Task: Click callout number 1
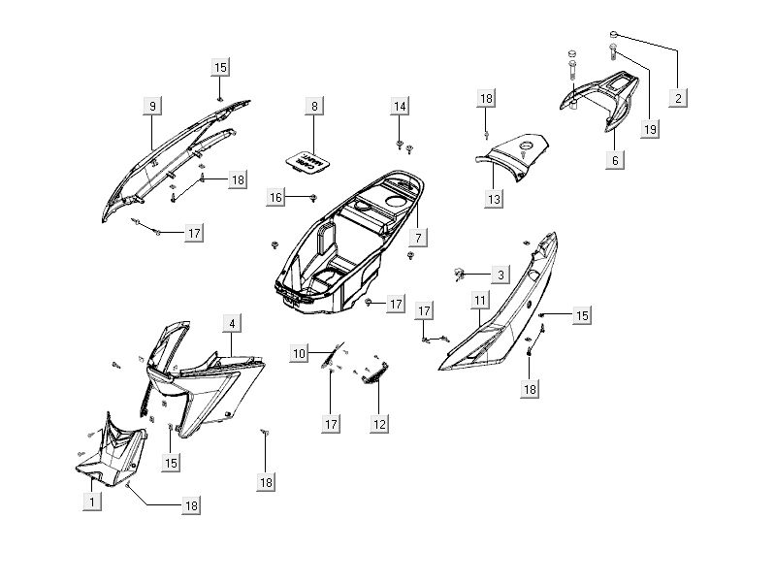click(x=91, y=502)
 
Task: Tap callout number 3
click(x=499, y=275)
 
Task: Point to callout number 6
click(x=615, y=160)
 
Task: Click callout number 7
click(x=418, y=238)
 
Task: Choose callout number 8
click(x=313, y=106)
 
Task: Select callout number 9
click(x=152, y=106)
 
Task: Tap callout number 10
click(x=300, y=353)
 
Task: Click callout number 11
click(x=480, y=302)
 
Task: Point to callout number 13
click(x=494, y=198)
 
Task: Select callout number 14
click(x=401, y=106)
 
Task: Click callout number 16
click(x=276, y=197)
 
